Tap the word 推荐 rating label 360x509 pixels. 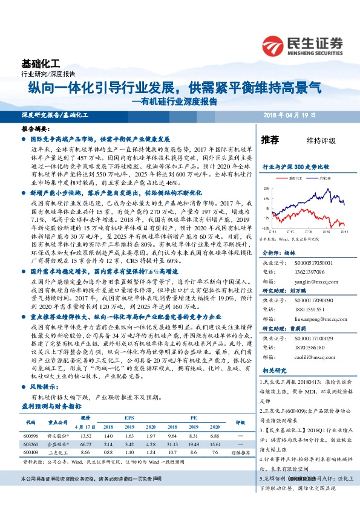270,140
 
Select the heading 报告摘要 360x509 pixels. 34,129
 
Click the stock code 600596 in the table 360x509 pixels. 30,435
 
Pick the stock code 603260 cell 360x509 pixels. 30,443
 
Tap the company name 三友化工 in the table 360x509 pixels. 58,452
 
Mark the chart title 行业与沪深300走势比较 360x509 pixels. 295,166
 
